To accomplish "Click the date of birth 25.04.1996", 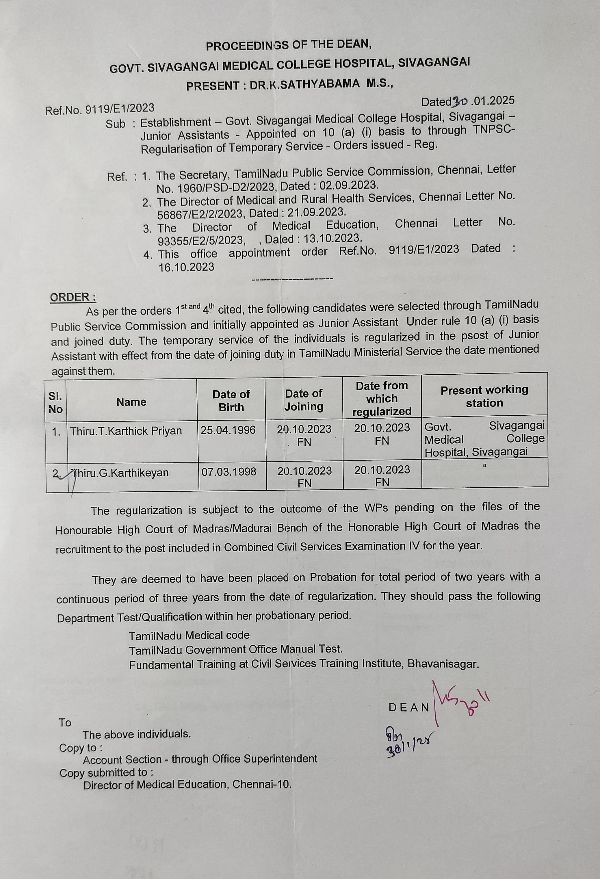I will click(228, 430).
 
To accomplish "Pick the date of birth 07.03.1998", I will click(229, 472).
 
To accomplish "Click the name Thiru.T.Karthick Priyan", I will click(126, 431).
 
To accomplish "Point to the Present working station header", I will click(484, 396).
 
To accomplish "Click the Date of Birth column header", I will click(231, 401).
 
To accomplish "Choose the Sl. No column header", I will click(56, 402).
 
